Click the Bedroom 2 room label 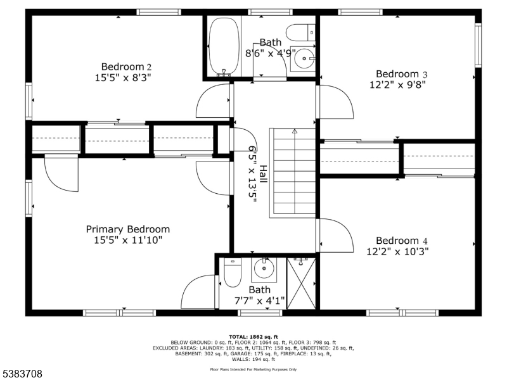[x=126, y=66]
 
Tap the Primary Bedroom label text [x=128, y=229]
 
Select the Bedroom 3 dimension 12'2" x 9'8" [x=397, y=85]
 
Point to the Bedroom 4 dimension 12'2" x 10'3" [x=397, y=251]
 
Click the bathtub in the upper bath [x=224, y=46]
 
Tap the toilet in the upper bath [x=300, y=33]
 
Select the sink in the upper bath [x=304, y=58]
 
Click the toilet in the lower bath [x=233, y=272]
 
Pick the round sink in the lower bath [x=264, y=268]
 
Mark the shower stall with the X [x=301, y=283]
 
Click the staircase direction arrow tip [x=295, y=130]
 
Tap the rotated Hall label [x=264, y=174]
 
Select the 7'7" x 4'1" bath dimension [x=259, y=301]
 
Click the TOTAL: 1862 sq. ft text [x=253, y=337]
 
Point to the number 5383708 [x=22, y=374]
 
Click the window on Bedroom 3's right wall [x=478, y=45]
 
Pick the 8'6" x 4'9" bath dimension [x=271, y=53]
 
